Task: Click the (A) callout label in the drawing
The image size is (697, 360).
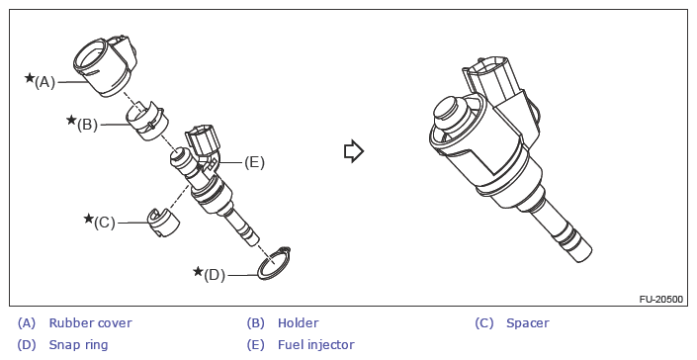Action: tap(44, 82)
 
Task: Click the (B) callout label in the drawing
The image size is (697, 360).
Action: tap(87, 125)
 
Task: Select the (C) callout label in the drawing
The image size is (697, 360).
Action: tap(105, 223)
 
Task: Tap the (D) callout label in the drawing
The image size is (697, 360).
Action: tap(215, 275)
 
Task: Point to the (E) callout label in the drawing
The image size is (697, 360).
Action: tap(254, 162)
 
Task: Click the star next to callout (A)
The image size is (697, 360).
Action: tap(30, 78)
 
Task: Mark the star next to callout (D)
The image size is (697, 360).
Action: tap(199, 271)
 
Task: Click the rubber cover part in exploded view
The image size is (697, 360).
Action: tap(106, 66)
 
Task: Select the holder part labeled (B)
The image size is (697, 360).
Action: tap(148, 121)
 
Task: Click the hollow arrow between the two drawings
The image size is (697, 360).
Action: tap(354, 151)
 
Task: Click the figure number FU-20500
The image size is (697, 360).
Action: tap(661, 299)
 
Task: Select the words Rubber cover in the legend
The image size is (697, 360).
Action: tap(90, 323)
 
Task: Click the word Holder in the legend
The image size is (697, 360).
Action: tap(298, 323)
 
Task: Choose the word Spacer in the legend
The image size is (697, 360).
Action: tap(528, 323)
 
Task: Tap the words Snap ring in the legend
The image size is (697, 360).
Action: tap(78, 345)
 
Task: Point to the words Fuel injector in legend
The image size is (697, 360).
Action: tap(316, 345)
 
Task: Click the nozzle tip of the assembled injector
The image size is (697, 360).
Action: tap(582, 253)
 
